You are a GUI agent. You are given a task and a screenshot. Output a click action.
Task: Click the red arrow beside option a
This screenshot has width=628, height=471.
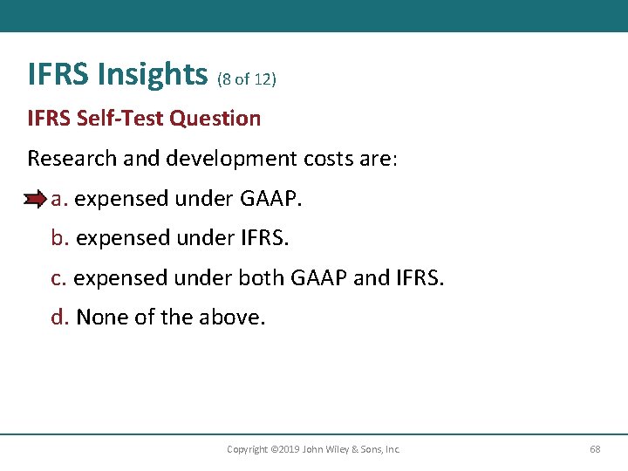coord(36,200)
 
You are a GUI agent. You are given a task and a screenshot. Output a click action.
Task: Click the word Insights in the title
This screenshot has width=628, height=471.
coord(153,74)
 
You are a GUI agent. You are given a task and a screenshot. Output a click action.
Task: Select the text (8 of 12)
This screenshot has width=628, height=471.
coord(246,79)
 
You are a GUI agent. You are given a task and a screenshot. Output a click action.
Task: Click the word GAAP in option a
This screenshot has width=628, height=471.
coord(270,199)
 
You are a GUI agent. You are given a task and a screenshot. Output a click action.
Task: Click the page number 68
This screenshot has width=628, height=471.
coord(595,449)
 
